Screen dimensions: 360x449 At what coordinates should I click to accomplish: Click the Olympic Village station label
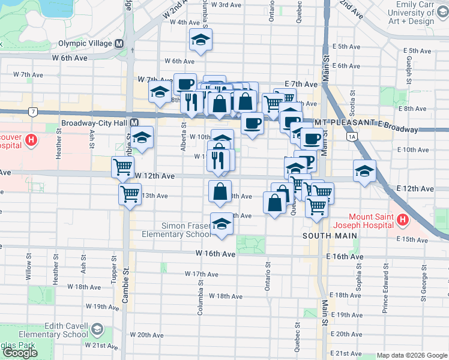point(85,44)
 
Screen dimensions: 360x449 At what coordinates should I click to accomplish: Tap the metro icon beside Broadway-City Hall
point(134,124)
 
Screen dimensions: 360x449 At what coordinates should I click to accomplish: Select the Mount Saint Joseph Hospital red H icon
point(402,221)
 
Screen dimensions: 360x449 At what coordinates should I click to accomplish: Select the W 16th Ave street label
point(215,254)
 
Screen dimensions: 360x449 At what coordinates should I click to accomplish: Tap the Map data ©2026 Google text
point(411,355)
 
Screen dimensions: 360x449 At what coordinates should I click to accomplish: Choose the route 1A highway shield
point(352,137)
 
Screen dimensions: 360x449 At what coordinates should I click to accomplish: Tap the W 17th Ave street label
point(201,274)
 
